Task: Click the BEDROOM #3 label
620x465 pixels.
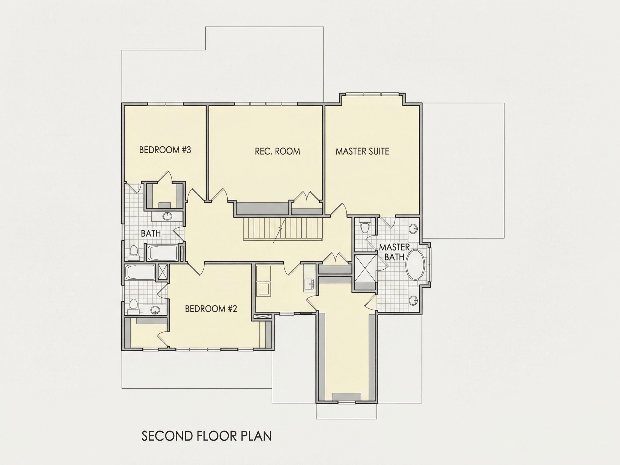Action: [x=165, y=150]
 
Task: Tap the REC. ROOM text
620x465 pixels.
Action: [x=277, y=151]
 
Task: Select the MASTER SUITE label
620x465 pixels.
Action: [x=362, y=151]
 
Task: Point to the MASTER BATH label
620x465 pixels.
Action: [x=394, y=252]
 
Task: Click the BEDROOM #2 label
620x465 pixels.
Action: [x=211, y=309]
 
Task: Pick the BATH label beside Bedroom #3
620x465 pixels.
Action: [x=151, y=233]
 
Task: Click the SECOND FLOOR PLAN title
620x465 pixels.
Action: [x=206, y=436]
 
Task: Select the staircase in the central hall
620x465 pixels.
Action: [x=283, y=229]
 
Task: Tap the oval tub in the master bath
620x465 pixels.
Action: [x=416, y=264]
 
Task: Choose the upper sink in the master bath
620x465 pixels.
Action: [x=413, y=228]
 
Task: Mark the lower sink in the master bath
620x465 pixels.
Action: [x=413, y=301]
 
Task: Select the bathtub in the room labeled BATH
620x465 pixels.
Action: [x=162, y=253]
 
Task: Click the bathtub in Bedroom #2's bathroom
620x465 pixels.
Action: [x=140, y=273]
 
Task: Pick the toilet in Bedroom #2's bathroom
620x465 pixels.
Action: [x=133, y=306]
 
